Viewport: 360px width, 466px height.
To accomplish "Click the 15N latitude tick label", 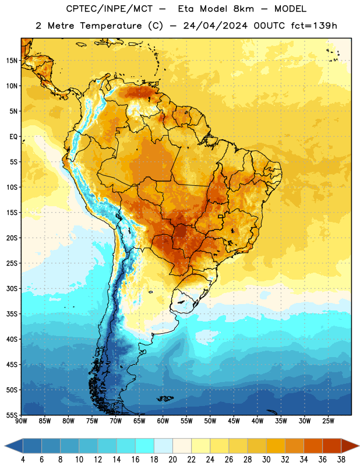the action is [12, 61].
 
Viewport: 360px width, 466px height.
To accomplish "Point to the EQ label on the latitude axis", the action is [13, 137].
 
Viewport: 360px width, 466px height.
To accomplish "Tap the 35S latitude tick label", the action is [12, 314].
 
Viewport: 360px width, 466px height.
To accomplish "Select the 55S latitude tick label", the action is [12, 415].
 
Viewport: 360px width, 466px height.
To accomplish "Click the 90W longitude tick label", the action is [21, 421].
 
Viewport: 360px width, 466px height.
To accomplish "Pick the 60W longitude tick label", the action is [163, 421].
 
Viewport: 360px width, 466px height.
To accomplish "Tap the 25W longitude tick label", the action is [328, 421].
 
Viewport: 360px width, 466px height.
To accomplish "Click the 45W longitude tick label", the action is [234, 421].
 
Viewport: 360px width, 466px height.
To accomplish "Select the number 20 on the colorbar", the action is [172, 460].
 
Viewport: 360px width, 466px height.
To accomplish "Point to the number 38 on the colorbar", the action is [341, 460].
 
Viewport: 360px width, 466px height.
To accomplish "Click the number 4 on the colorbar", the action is [23, 460].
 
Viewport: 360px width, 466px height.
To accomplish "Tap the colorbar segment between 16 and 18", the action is [145, 446].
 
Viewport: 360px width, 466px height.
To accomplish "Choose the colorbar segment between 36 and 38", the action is [332, 446].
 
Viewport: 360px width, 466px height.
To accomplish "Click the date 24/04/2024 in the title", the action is [215, 26].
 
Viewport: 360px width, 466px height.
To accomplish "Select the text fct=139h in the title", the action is [314, 26].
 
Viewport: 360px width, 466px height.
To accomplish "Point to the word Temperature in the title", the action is [111, 26].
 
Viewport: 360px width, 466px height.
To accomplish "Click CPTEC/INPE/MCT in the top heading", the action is [109, 9].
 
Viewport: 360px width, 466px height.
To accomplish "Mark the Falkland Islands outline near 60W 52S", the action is [165, 398].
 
